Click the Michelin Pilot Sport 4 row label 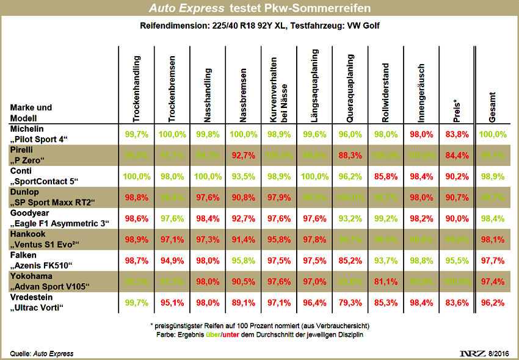coord(38,134)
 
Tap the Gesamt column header coord(492,106)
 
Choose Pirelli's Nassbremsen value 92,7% coord(243,156)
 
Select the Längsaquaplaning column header coord(313,85)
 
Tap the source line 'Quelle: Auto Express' coord(42,354)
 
